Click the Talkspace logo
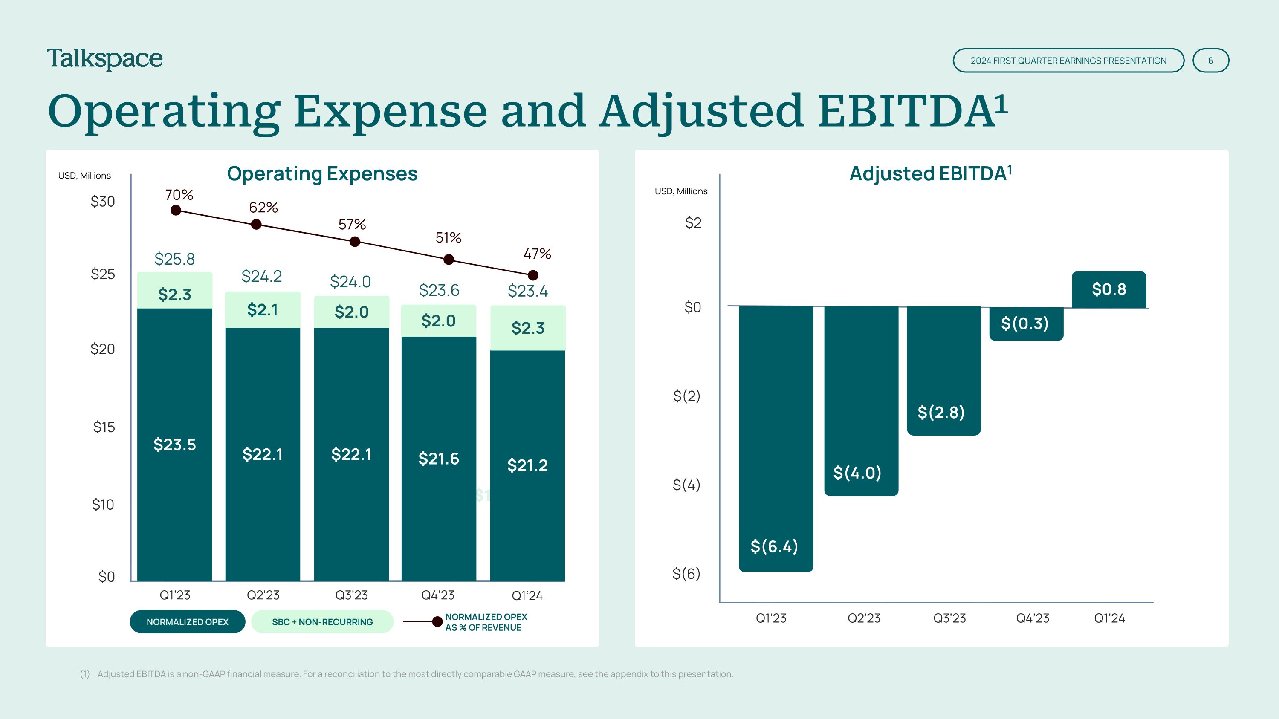pyautogui.click(x=105, y=59)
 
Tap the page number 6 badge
pyautogui.click(x=1210, y=61)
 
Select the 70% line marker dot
pyautogui.click(x=176, y=211)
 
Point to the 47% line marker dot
pyautogui.click(x=533, y=275)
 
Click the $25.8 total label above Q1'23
pyautogui.click(x=175, y=259)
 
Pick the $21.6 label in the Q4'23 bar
pyautogui.click(x=438, y=459)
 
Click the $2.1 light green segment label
pyautogui.click(x=263, y=310)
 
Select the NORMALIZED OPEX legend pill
pyautogui.click(x=187, y=622)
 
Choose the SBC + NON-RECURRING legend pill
pyautogui.click(x=322, y=622)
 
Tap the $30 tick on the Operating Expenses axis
pyautogui.click(x=103, y=202)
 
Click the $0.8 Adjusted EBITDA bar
pyautogui.click(x=1109, y=290)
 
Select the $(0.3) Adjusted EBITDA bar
pyautogui.click(x=1026, y=323)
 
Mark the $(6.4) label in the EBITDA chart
pyautogui.click(x=774, y=546)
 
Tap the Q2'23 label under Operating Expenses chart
pyautogui.click(x=263, y=595)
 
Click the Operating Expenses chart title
pyautogui.click(x=322, y=173)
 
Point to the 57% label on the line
pyautogui.click(x=352, y=225)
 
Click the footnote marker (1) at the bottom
pyautogui.click(x=85, y=674)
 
